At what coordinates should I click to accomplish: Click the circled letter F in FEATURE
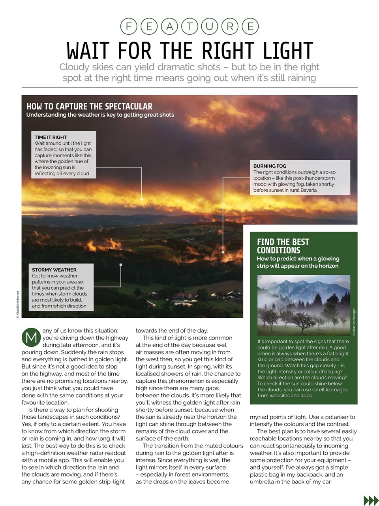coord(128,26)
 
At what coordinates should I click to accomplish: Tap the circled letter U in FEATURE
coord(209,26)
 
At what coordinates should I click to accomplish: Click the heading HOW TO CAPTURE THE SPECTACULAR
coord(89,106)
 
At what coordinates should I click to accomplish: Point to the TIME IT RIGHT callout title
coord(51,137)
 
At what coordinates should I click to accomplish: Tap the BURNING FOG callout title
coord(270,166)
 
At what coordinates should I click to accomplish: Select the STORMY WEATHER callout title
coord(54,270)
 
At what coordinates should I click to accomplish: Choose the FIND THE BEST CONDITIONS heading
coord(283,246)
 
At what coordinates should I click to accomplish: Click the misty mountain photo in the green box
coord(303,305)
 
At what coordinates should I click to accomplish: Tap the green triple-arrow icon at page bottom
coord(370,500)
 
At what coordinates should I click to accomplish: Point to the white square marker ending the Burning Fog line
coord(223,252)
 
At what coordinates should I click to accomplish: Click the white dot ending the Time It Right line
coord(142,199)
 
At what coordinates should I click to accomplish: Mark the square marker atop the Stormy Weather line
coord(121,265)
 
